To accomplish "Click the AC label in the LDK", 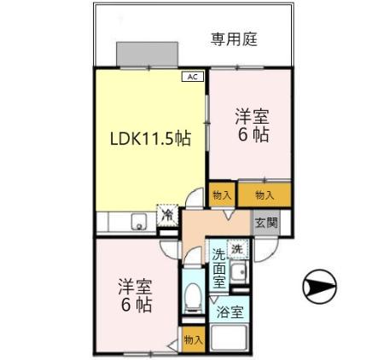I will click(193, 77).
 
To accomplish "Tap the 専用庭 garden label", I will click(234, 38).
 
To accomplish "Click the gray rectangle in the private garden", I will click(148, 53).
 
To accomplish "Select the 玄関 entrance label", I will click(265, 223).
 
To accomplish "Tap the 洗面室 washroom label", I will click(219, 267).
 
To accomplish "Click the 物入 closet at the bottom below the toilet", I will click(193, 339).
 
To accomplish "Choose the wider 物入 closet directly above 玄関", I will click(265, 195).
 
